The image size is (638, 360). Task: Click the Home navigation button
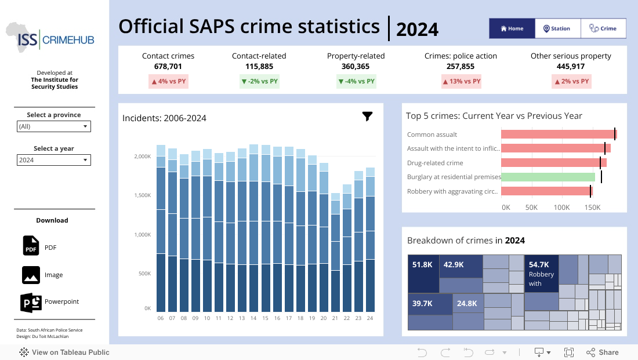[512, 28]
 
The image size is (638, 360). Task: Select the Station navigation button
[557, 28]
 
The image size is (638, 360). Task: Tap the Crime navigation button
[603, 28]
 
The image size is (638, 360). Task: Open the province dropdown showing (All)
[54, 126]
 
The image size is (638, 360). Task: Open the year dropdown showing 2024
[54, 160]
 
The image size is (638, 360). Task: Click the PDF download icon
[31, 246]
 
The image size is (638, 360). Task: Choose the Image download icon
[31, 274]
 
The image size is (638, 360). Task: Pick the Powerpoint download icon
[31, 302]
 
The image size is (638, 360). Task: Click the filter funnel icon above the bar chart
[367, 117]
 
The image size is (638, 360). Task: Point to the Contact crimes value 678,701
[168, 67]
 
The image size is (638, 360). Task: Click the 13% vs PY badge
[461, 82]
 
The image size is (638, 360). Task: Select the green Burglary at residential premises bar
[548, 177]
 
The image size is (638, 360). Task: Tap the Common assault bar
[558, 134]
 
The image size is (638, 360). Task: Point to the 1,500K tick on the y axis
[142, 196]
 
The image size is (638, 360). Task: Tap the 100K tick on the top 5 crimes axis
[561, 207]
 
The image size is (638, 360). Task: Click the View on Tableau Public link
[64, 352]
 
